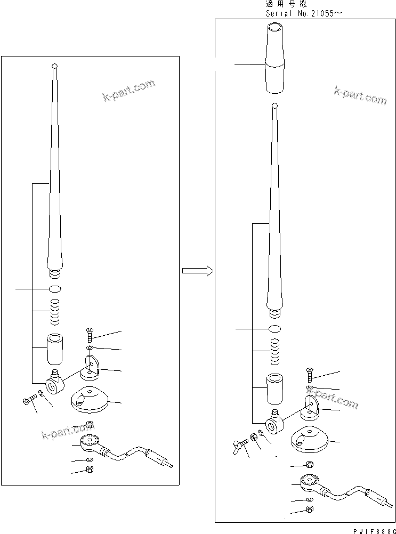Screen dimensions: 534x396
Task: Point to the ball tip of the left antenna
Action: coord(54,67)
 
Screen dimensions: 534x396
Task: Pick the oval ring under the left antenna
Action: coord(55,289)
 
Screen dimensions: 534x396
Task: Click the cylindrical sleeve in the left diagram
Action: coord(54,347)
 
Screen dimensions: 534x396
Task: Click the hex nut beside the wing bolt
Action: coord(254,437)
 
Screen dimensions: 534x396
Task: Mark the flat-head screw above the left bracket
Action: coord(90,335)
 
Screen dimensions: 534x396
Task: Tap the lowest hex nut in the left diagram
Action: coord(90,470)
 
